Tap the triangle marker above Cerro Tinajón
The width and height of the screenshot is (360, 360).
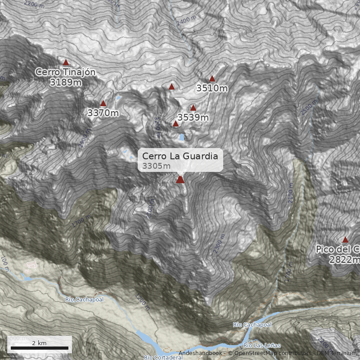click(66, 63)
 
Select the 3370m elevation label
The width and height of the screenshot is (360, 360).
click(103, 113)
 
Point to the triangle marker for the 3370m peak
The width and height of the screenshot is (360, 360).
click(103, 103)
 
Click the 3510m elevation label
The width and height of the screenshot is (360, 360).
click(212, 88)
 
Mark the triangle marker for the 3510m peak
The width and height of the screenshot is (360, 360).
click(212, 79)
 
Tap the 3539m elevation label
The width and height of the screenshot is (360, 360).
click(193, 117)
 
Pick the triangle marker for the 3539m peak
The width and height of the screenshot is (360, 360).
click(193, 108)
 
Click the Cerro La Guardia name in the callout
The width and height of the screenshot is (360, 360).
click(180, 156)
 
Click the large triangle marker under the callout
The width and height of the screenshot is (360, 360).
click(180, 180)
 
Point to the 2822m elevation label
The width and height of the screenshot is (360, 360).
click(345, 260)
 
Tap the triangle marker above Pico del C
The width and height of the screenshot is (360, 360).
click(346, 240)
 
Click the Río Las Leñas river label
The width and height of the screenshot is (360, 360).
click(261, 346)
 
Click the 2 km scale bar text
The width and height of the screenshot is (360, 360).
click(39, 343)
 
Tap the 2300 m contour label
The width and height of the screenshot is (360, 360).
click(219, 243)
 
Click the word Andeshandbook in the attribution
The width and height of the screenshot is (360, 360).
click(200, 353)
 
